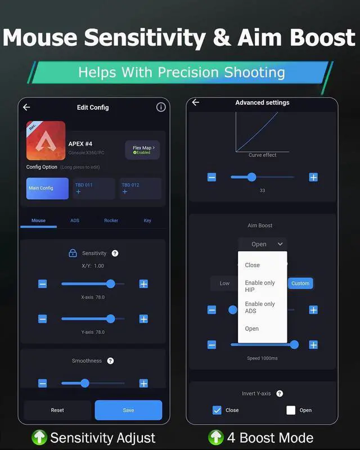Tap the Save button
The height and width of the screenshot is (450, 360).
128,410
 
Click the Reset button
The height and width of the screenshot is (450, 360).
57,410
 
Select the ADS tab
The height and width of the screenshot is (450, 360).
75,220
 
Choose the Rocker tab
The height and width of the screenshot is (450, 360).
111,220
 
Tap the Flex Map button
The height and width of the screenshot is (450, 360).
142,150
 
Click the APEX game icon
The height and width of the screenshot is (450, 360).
46,141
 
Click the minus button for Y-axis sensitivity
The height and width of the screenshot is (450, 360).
43,319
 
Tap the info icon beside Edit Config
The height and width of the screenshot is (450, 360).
161,107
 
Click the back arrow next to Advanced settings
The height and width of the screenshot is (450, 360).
196,102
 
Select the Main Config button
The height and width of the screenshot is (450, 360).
47,188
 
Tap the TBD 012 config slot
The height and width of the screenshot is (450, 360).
140,188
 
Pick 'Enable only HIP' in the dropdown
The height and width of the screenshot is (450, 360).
260,286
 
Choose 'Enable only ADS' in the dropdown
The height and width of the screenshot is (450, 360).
260,307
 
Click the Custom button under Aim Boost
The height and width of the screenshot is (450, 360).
300,283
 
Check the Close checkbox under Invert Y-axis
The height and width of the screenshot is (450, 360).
217,410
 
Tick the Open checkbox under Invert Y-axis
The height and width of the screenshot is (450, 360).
291,410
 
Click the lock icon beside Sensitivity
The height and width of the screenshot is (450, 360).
73,253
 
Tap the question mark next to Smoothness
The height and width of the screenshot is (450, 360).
110,361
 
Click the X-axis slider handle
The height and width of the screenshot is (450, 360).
110,284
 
